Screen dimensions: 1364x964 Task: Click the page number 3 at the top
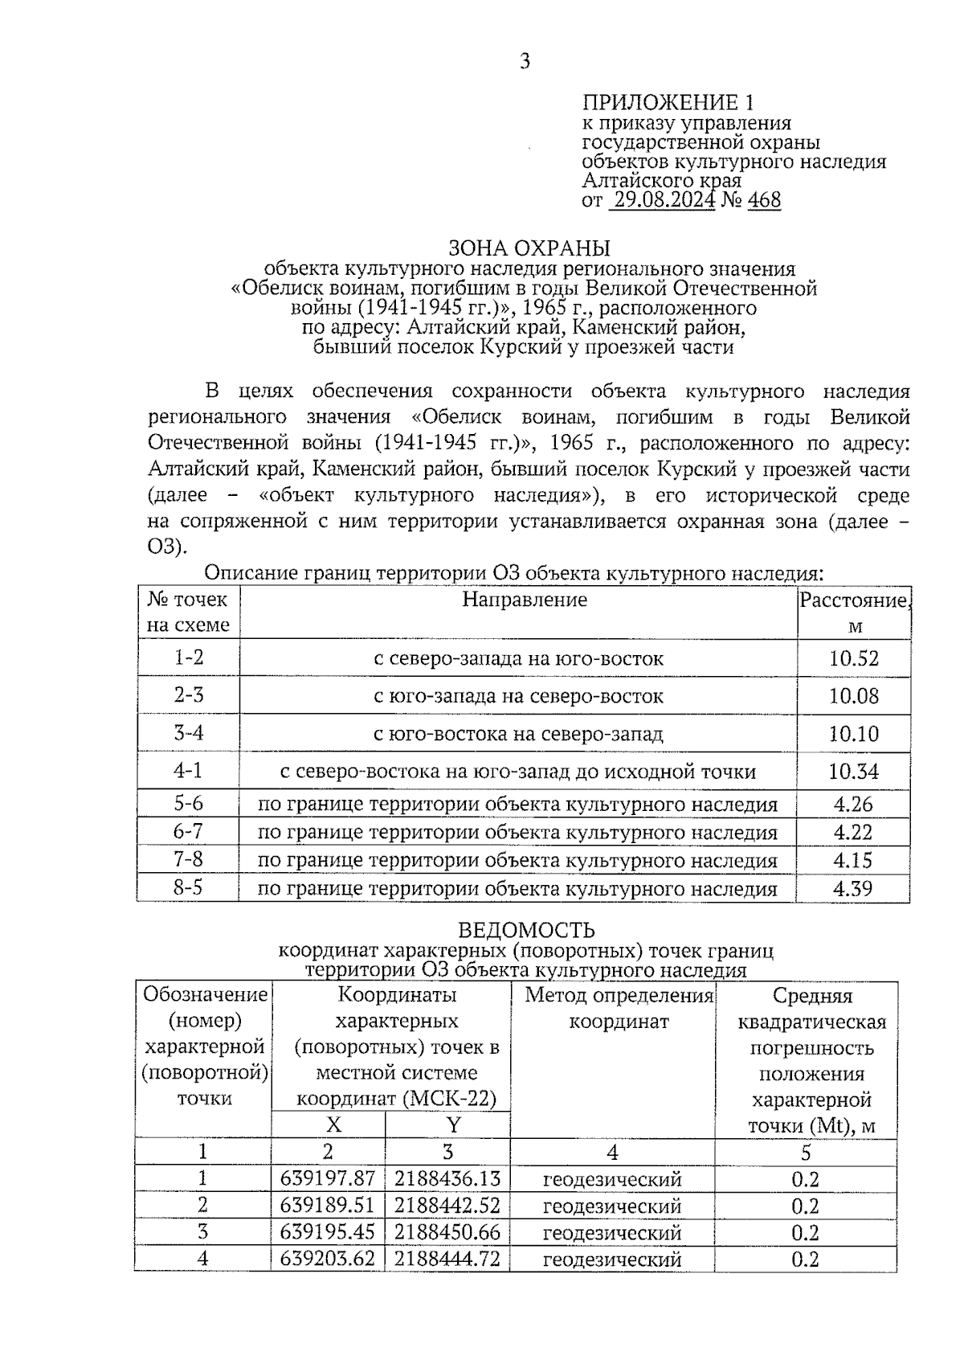coord(525,62)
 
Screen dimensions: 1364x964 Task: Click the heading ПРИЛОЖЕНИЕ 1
coord(668,103)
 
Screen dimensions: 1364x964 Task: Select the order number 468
coord(764,200)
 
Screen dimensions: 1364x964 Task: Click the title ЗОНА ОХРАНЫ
coord(529,248)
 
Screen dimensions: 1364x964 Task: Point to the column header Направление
coord(525,600)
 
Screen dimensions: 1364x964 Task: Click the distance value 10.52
coord(854,659)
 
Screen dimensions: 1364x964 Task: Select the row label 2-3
coord(189,695)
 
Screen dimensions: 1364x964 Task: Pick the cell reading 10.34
coord(854,772)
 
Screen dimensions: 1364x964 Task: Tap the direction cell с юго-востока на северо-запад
coord(519,734)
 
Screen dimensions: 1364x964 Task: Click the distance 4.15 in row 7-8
coord(853,861)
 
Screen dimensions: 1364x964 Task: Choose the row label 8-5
coord(189,889)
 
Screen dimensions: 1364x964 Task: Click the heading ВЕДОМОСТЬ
coord(526,931)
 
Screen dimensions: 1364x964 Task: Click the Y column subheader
coord(453,1125)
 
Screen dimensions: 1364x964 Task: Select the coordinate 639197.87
coord(328,1179)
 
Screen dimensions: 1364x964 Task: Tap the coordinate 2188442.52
coord(447,1206)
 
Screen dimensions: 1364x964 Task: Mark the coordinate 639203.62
coord(328,1259)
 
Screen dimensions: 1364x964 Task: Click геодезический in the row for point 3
coord(612,1233)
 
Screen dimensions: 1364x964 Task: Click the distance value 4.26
coord(853,805)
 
